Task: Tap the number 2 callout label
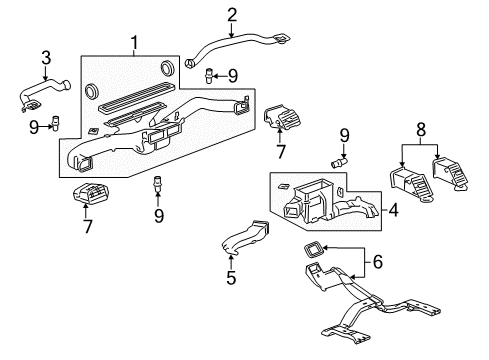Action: (x=232, y=14)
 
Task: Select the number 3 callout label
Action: (x=44, y=57)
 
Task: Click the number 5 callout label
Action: (x=230, y=278)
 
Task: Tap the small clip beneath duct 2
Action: (x=211, y=74)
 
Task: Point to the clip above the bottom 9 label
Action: (x=157, y=186)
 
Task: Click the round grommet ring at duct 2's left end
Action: (x=189, y=65)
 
